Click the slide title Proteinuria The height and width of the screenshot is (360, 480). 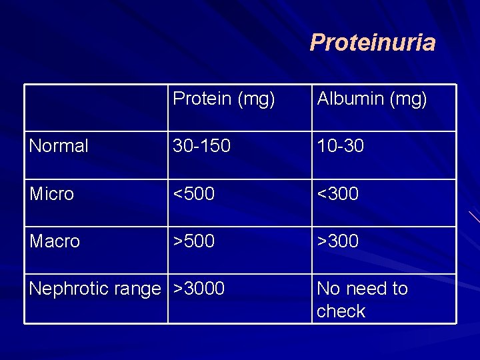click(372, 43)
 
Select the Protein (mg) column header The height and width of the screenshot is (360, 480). click(223, 99)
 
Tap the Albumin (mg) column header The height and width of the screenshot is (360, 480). click(371, 99)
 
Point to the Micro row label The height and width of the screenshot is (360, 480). click(51, 194)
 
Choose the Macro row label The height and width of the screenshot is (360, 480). click(55, 241)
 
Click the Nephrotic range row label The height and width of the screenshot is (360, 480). click(95, 289)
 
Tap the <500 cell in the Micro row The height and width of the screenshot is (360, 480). click(194, 194)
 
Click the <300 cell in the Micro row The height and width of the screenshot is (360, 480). click(337, 194)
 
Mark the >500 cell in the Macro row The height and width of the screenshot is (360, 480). click(194, 241)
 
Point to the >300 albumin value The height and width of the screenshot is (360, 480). click(337, 241)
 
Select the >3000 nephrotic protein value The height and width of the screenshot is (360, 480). click(199, 289)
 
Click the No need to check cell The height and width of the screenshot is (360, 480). click(362, 299)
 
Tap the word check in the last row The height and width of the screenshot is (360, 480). click(341, 311)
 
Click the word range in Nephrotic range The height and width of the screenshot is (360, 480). click(137, 289)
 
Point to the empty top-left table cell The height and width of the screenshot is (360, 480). click(96, 107)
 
